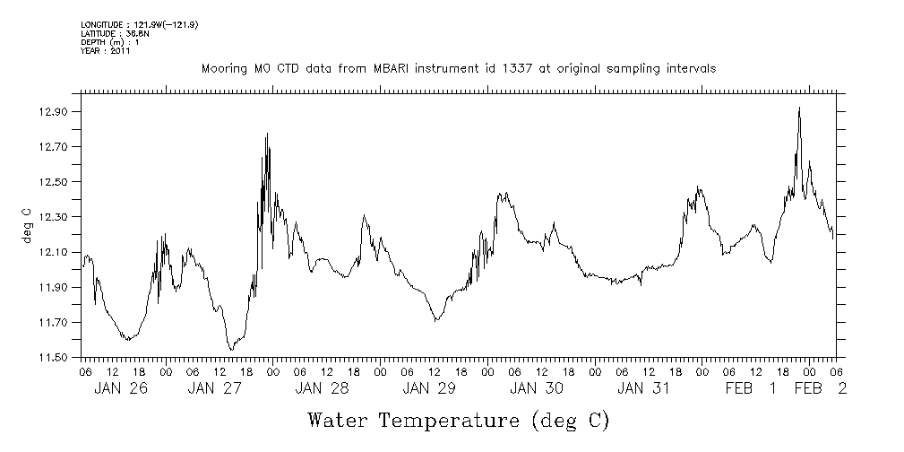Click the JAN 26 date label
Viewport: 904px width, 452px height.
click(120, 388)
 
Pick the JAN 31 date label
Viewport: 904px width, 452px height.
click(642, 388)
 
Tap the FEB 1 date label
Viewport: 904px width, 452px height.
click(751, 388)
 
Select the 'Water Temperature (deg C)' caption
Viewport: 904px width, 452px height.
click(459, 420)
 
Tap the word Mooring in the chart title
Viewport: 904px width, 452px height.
click(222, 68)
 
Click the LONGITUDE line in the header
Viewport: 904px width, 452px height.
click(139, 24)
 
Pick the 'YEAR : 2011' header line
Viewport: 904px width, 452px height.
click(106, 50)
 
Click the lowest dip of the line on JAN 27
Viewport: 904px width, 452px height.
click(231, 349)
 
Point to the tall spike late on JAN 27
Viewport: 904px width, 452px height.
click(267, 134)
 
